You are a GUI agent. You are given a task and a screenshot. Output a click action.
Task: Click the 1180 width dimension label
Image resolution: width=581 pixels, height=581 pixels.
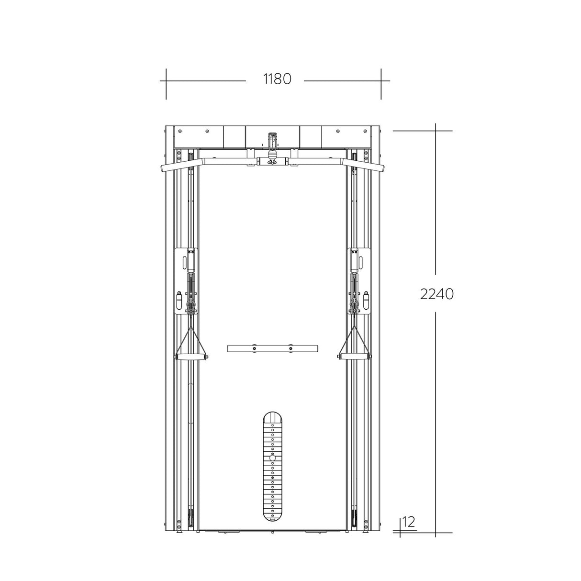click(x=277, y=78)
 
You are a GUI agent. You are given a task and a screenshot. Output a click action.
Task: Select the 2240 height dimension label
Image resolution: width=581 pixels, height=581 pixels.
click(x=436, y=294)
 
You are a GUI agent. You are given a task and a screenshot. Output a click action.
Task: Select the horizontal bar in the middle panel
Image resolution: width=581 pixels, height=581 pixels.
click(x=272, y=348)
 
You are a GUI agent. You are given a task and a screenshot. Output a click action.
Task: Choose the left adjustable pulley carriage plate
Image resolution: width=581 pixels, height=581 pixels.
click(x=186, y=281)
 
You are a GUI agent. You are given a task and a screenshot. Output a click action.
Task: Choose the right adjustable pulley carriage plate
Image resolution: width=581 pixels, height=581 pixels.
click(x=359, y=281)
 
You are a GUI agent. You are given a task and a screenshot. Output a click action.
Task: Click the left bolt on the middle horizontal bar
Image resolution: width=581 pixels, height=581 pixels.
click(x=254, y=348)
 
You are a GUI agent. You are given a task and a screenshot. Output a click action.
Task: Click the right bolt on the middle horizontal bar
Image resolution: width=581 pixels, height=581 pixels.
click(x=290, y=348)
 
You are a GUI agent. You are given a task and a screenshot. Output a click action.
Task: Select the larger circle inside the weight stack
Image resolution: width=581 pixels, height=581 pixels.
click(x=272, y=458)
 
